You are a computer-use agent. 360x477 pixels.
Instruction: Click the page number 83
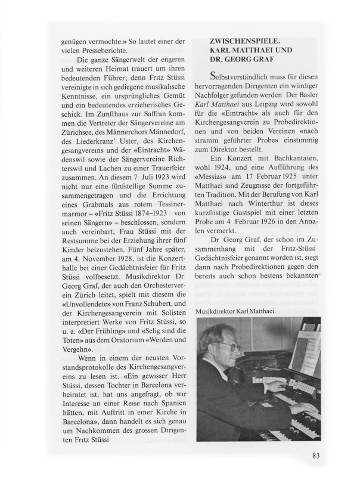(316, 457)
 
